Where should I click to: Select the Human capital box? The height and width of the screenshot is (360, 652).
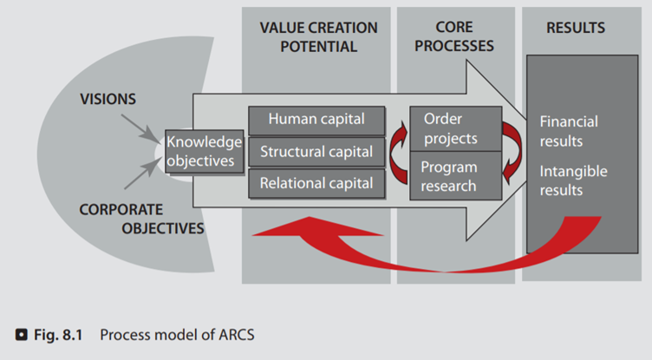coord(316,120)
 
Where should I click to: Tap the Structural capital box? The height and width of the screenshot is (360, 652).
coord(316,152)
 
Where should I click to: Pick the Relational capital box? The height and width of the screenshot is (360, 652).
coord(316,183)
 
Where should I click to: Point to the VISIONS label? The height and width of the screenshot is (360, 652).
coord(108,99)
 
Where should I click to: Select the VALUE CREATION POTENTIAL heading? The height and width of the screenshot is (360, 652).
coord(318,37)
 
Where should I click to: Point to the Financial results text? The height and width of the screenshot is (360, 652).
coord(569,130)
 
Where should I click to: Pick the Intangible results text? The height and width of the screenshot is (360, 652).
coord(573,180)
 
